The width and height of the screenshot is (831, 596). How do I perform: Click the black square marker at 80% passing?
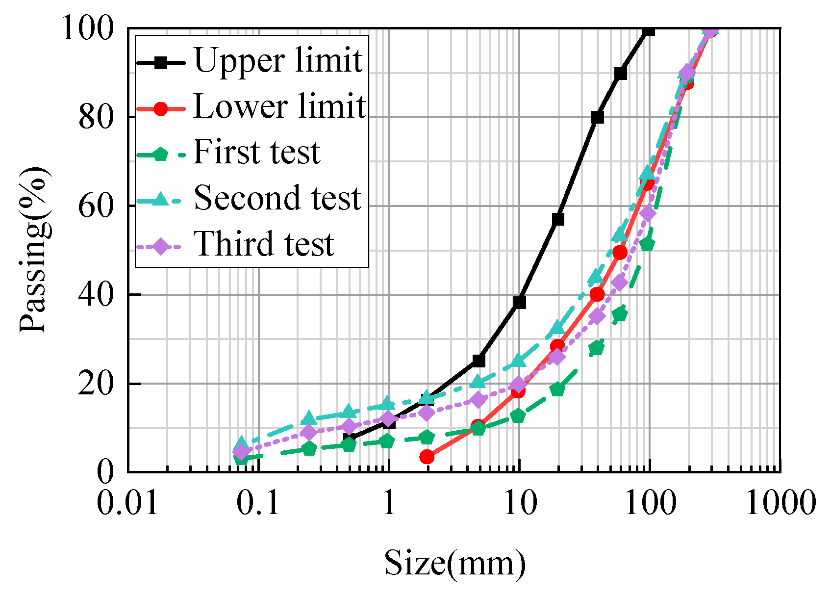[597, 117]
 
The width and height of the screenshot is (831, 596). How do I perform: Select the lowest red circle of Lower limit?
[427, 457]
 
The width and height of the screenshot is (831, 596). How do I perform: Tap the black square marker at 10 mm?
[520, 303]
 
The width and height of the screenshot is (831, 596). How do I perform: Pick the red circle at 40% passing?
[597, 294]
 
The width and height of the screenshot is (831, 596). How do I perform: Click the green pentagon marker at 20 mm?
[557, 389]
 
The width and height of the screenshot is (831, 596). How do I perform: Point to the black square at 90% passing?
[620, 74]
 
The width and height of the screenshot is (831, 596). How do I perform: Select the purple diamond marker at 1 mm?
[388, 419]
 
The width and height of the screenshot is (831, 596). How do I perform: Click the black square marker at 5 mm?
[479, 361]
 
